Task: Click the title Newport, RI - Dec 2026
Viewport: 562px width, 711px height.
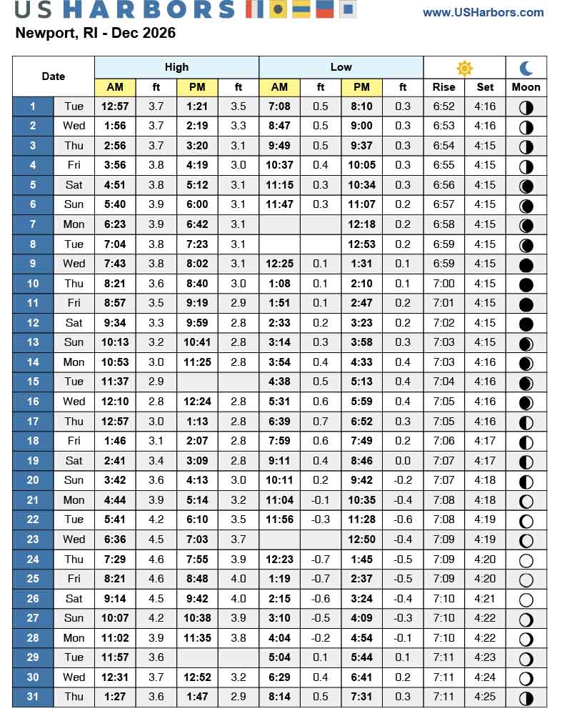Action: tap(95, 33)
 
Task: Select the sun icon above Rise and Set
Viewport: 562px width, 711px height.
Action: tap(464, 68)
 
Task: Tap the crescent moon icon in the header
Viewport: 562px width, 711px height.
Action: tap(526, 68)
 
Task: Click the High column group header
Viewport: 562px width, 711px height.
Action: tap(176, 67)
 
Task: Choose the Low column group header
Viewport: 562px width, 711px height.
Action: tap(341, 67)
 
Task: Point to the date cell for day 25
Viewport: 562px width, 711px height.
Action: tap(33, 578)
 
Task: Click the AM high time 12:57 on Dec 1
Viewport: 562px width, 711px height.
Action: tap(115, 106)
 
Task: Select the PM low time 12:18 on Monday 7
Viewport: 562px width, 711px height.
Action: tap(361, 224)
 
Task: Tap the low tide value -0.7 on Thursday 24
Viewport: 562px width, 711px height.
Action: tap(321, 559)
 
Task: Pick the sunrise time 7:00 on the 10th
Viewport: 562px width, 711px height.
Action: tap(443, 284)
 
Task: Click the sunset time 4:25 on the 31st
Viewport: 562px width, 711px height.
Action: tap(485, 696)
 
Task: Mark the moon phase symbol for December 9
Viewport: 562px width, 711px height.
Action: tap(526, 264)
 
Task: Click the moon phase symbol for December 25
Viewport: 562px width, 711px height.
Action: tap(526, 580)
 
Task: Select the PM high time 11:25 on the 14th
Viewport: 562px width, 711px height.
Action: tap(197, 362)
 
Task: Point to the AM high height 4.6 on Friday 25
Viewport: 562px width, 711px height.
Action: tap(156, 578)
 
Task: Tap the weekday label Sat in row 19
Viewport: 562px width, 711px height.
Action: tap(74, 460)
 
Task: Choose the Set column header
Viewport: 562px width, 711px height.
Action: tap(485, 87)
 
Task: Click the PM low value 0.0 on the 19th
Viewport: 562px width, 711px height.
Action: tap(403, 460)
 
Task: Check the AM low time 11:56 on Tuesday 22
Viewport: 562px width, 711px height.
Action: tap(279, 519)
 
